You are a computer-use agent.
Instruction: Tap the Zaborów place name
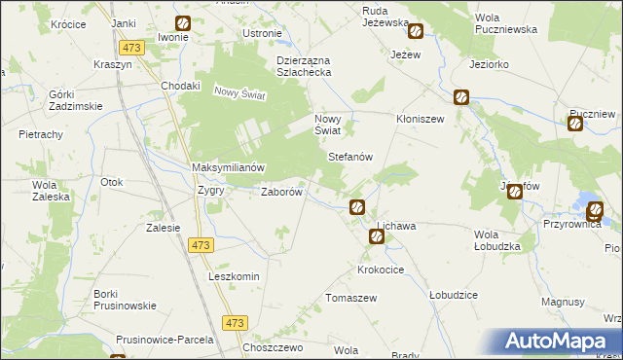pyautogui.click(x=283, y=192)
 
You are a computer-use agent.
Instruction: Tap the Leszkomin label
pyautogui.click(x=234, y=276)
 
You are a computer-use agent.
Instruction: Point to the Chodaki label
pyautogui.click(x=181, y=85)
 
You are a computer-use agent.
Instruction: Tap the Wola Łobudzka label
pyautogui.click(x=497, y=240)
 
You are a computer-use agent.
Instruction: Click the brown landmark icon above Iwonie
pyautogui.click(x=183, y=24)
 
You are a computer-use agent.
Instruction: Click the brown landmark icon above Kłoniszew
pyautogui.click(x=460, y=97)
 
